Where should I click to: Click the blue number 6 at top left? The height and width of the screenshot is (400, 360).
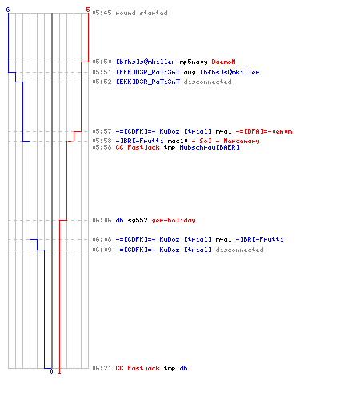tap(8, 10)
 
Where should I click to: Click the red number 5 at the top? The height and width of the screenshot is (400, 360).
tap(88, 10)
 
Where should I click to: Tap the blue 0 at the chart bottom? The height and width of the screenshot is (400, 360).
tap(51, 371)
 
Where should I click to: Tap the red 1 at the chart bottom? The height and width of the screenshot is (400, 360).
tap(59, 371)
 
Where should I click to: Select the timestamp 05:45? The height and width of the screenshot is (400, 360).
tap(102, 13)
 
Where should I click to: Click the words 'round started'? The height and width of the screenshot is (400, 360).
tap(142, 13)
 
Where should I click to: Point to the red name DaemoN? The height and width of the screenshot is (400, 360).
tap(223, 62)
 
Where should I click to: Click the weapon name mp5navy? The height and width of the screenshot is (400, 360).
tap(194, 62)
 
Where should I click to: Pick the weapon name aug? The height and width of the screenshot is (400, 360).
tap(190, 73)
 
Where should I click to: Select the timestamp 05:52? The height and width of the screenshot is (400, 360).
tap(102, 82)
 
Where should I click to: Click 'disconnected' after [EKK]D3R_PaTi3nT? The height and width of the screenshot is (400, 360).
tap(207, 82)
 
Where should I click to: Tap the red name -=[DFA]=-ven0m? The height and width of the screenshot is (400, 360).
tap(264, 131)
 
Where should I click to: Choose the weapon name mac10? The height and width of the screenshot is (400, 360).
tap(178, 141)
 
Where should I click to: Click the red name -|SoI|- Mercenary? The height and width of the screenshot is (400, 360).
tap(226, 141)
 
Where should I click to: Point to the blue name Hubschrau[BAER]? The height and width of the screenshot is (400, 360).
tap(210, 147)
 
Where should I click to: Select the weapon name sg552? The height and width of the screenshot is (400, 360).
tap(138, 220)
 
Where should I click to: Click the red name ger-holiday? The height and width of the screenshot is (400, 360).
tap(174, 220)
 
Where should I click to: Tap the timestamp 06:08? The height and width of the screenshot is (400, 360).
tap(102, 239)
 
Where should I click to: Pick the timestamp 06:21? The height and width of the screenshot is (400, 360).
tap(102, 368)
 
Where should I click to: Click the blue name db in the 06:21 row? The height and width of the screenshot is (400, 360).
tap(183, 368)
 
